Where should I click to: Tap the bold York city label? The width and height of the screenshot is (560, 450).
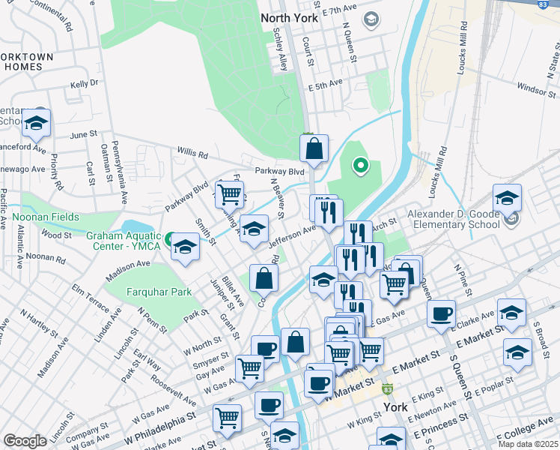[x=395, y=407]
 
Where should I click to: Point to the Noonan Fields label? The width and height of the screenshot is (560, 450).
[x=46, y=216]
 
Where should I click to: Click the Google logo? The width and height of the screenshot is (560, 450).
[x=25, y=440]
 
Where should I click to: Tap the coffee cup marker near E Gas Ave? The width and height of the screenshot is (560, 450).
[x=441, y=312]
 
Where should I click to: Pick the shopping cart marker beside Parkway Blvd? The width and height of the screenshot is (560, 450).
[x=229, y=193]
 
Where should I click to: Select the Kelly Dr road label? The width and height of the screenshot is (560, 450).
[x=84, y=83]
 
